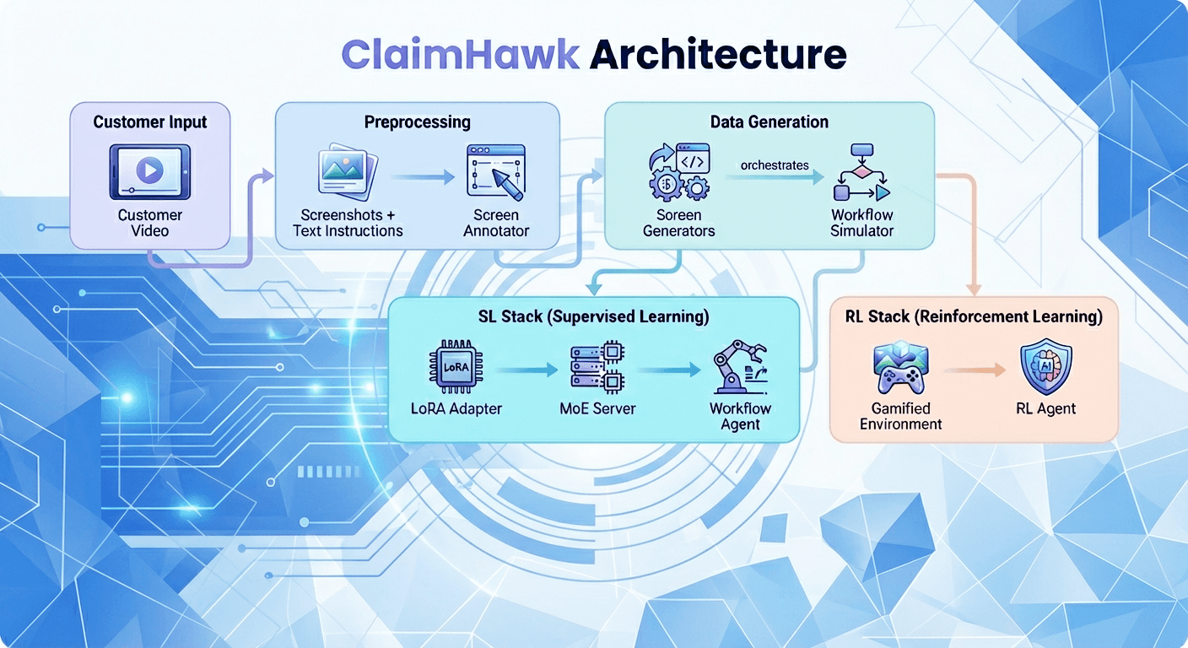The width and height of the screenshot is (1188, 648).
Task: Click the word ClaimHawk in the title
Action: point(460,55)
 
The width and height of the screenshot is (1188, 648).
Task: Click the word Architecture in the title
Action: point(717,55)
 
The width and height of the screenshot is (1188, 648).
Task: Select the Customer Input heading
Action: point(149,122)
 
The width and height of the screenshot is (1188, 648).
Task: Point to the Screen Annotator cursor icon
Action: point(497,173)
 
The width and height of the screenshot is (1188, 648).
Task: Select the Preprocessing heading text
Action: point(417,122)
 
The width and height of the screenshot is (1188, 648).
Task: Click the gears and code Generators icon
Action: point(678,171)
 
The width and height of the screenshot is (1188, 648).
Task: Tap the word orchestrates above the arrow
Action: point(775,165)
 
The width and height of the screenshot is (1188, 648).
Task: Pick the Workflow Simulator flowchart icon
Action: point(861,173)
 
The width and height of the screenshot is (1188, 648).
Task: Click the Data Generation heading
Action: point(769,122)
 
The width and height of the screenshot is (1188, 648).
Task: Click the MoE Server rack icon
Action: point(597,369)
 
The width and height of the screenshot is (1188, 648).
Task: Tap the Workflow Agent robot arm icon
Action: point(739,367)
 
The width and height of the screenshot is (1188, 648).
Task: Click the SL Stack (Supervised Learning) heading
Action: point(593,317)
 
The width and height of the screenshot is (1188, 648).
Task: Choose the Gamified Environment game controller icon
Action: point(899,369)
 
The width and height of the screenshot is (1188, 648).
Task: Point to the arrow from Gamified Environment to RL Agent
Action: point(972,370)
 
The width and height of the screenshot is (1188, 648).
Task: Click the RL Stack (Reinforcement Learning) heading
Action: point(974,317)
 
